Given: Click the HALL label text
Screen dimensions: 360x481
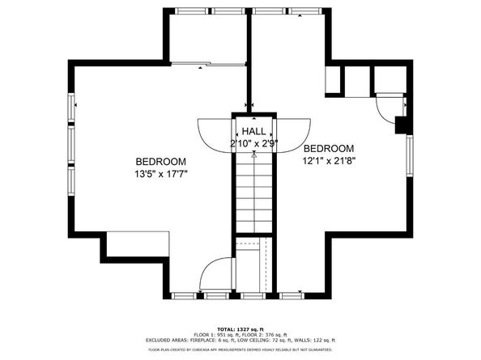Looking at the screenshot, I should (x=253, y=131).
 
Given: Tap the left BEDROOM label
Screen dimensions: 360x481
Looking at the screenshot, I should (x=160, y=161).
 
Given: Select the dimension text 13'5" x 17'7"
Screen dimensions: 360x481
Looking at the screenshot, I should (x=160, y=173).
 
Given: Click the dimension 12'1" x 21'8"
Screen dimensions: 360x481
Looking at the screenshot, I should (x=329, y=160).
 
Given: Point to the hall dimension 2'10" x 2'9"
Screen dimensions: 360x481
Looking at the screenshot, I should (x=253, y=143).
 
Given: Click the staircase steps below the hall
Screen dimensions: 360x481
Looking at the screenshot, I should (x=254, y=194).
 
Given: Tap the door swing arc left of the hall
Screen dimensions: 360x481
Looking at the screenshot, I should (x=215, y=134).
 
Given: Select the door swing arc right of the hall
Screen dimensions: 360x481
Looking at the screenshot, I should (x=293, y=134).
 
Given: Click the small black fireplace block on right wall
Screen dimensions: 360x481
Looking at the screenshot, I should (x=400, y=125).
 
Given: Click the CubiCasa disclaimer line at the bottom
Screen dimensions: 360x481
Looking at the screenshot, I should (x=241, y=349).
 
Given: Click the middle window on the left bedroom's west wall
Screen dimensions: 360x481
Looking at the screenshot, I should (x=71, y=146).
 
